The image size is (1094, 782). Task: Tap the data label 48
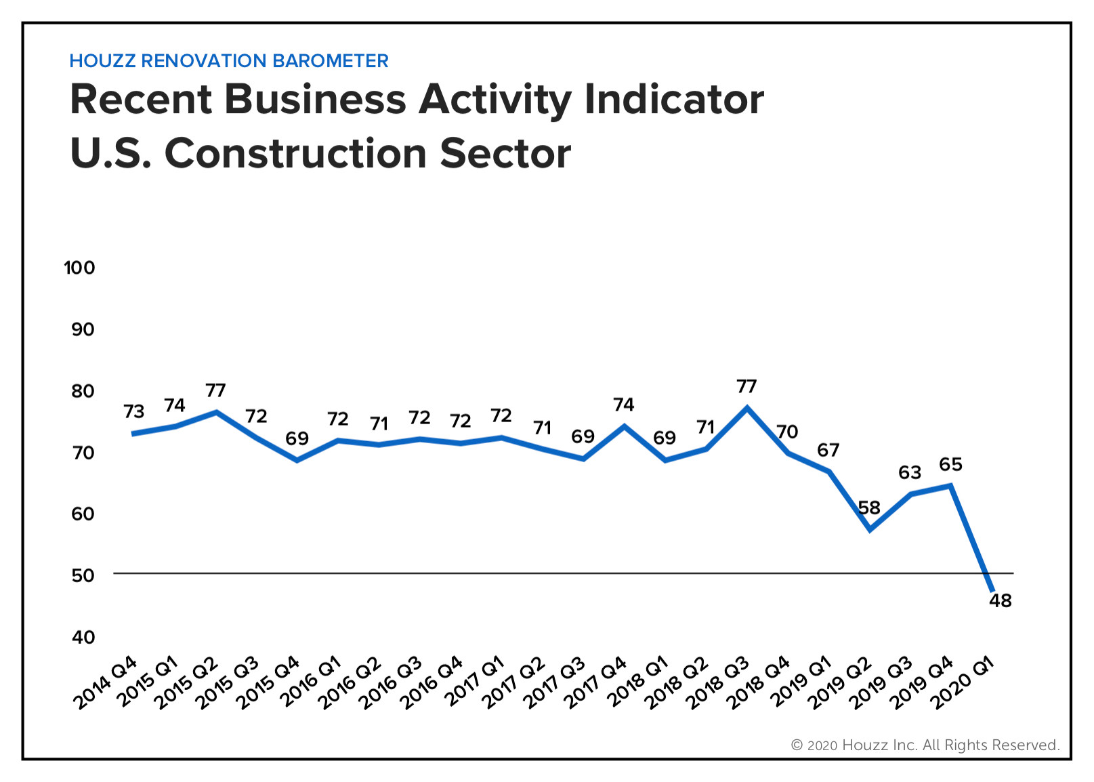click(1001, 601)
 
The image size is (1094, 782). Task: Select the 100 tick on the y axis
click(79, 268)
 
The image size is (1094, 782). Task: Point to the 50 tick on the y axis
click(83, 575)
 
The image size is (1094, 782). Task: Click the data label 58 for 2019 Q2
click(869, 508)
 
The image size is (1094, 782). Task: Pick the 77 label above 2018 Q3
click(746, 386)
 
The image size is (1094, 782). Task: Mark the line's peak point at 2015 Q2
click(216, 412)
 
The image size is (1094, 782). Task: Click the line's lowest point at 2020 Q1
click(992, 591)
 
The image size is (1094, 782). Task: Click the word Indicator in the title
click(674, 100)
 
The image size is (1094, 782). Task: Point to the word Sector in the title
click(505, 154)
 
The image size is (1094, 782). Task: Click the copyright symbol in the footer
click(797, 745)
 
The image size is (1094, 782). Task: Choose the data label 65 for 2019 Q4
click(950, 465)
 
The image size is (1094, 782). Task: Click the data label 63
click(910, 472)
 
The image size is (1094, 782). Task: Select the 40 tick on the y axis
click(83, 637)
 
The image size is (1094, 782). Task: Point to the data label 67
click(828, 450)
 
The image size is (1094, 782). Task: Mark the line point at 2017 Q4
click(625, 426)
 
